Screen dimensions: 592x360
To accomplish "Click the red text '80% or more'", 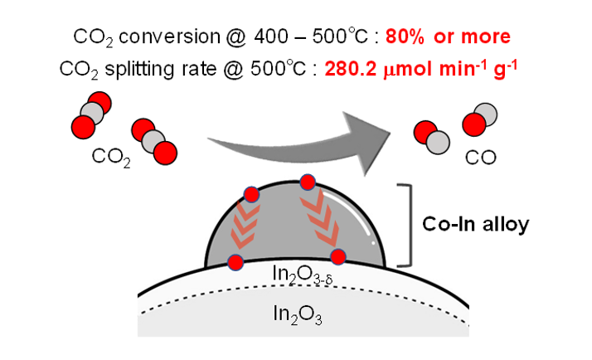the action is click(x=448, y=37).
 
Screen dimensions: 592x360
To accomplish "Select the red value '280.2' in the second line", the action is click(x=351, y=69).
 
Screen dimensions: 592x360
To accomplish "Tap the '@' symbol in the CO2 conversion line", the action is click(x=236, y=37).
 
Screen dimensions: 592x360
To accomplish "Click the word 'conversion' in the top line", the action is click(x=169, y=37).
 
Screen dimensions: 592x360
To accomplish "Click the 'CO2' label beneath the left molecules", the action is click(x=111, y=157).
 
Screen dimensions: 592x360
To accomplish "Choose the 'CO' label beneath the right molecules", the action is click(x=481, y=158).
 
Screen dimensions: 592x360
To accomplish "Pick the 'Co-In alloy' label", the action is click(x=476, y=225).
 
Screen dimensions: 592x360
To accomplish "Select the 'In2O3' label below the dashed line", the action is click(x=298, y=314).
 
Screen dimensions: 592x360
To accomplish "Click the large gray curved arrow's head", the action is click(x=368, y=143).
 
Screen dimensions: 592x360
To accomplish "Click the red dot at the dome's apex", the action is click(x=308, y=182).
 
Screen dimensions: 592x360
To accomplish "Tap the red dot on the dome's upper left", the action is click(x=252, y=195).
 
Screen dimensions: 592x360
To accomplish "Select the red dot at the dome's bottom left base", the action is click(x=236, y=262).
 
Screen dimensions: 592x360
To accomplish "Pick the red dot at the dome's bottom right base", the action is click(x=338, y=257).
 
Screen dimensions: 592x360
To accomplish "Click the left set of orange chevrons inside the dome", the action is click(x=245, y=226).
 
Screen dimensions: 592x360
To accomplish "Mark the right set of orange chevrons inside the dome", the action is click(x=321, y=218).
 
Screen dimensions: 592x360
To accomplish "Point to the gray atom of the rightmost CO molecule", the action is click(x=487, y=114).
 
